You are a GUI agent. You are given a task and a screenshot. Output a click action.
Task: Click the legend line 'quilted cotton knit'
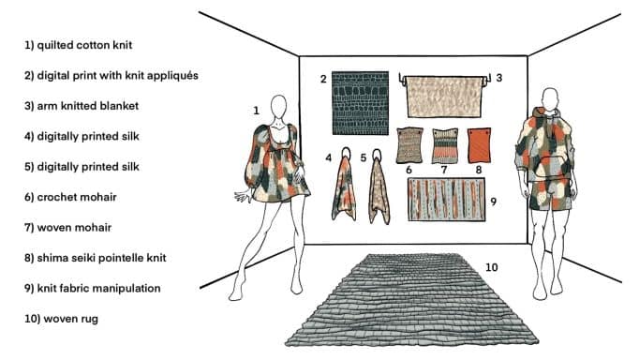pyautogui.click(x=78, y=45)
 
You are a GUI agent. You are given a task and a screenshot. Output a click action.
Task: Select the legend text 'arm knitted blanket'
pyautogui.click(x=82, y=106)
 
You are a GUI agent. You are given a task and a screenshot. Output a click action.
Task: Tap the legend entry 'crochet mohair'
pyautogui.click(x=70, y=197)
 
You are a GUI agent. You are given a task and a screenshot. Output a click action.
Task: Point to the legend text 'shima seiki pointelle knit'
pyautogui.click(x=95, y=258)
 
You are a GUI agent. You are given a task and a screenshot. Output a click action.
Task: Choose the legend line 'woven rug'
pyautogui.click(x=61, y=319)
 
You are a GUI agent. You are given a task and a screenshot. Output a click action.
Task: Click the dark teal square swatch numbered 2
pyautogui.click(x=360, y=103)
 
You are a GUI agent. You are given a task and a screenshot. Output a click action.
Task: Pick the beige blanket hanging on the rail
pyautogui.click(x=443, y=97)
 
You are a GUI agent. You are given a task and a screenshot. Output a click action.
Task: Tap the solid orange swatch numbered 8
pyautogui.click(x=479, y=145)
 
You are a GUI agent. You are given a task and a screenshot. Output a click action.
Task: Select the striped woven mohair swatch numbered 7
pyautogui.click(x=445, y=146)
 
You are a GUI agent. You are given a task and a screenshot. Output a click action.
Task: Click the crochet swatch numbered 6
pyautogui.click(x=409, y=145)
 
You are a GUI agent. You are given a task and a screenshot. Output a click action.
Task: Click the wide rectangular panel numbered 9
pyautogui.click(x=447, y=200)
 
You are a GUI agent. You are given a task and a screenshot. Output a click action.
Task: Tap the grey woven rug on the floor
pyautogui.click(x=411, y=300)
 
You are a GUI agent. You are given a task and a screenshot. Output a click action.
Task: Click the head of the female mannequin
pyautogui.click(x=279, y=107)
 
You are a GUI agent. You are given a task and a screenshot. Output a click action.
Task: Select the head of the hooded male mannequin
pyautogui.click(x=550, y=99)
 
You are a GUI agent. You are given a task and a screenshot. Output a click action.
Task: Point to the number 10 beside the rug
pyautogui.click(x=492, y=267)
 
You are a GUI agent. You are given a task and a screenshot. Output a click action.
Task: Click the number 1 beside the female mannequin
pyautogui.click(x=256, y=111)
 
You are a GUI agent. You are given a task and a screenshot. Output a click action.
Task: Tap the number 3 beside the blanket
pyautogui.click(x=499, y=78)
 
